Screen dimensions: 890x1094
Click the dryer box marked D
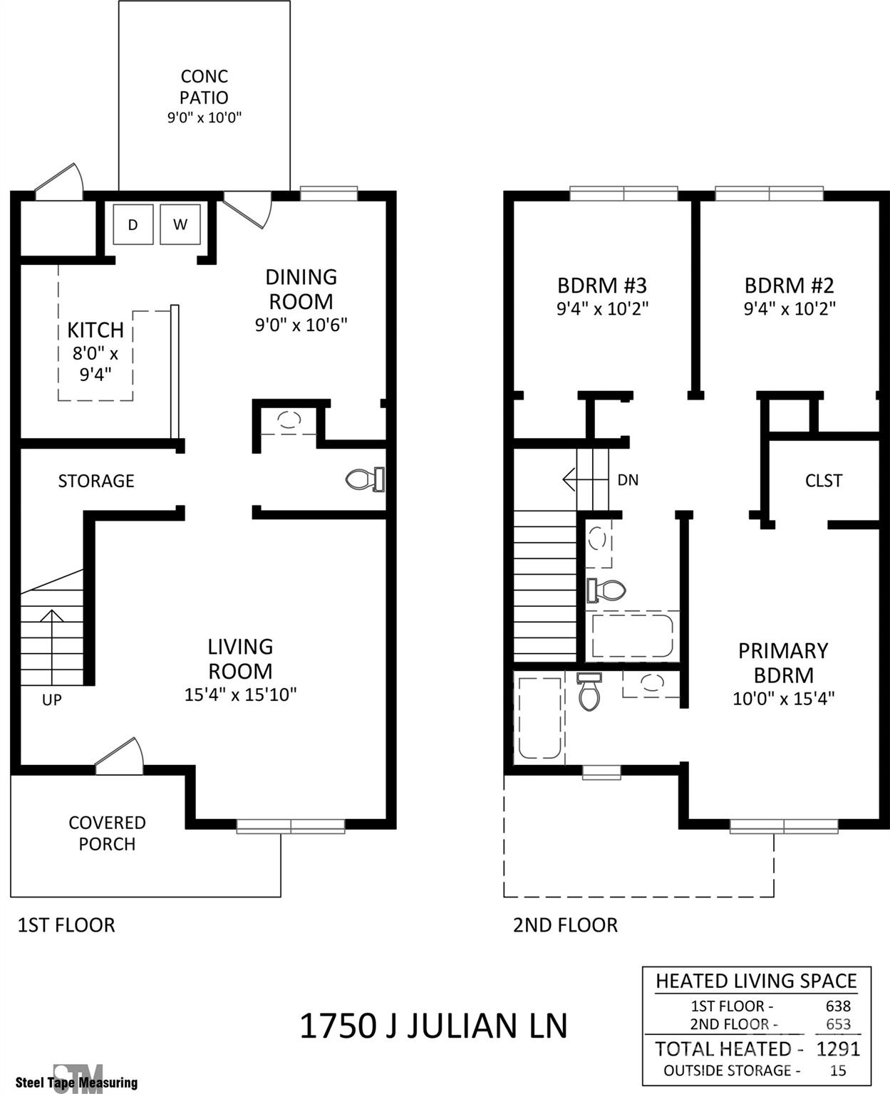click(133, 224)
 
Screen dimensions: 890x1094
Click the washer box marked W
click(180, 224)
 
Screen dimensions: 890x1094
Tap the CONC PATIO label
click(204, 87)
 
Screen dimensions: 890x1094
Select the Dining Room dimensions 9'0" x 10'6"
click(301, 325)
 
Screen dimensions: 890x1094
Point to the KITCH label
click(95, 330)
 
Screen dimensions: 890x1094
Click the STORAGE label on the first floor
click(96, 481)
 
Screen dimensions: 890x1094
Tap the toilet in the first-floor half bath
click(365, 479)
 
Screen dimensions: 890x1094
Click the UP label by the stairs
click(52, 699)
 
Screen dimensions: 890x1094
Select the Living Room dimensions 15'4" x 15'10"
click(240, 694)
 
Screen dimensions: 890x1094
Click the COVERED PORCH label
click(107, 833)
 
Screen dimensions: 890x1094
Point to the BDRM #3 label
click(602, 285)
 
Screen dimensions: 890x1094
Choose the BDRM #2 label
click(790, 285)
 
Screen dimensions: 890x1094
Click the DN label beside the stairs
click(628, 480)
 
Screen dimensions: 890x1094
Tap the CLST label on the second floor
click(824, 480)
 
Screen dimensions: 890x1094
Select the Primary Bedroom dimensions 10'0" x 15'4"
click(784, 699)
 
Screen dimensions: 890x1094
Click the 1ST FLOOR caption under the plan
click(66, 925)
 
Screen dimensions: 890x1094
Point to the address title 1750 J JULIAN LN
click(433, 1026)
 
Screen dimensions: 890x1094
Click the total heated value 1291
click(838, 1049)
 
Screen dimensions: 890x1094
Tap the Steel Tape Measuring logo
click(76, 1078)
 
